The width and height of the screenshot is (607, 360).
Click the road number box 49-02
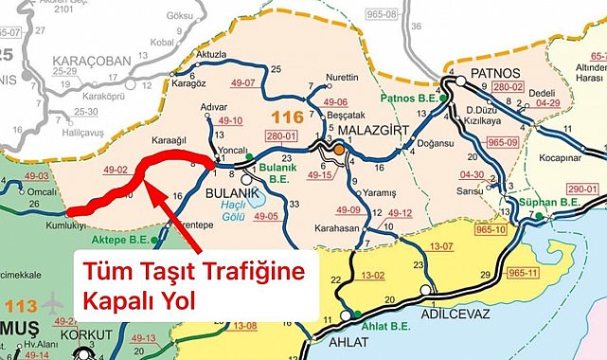tap(116, 170)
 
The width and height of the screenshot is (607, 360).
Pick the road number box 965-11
tap(521, 246)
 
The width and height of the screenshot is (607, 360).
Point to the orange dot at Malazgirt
tap(338, 148)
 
